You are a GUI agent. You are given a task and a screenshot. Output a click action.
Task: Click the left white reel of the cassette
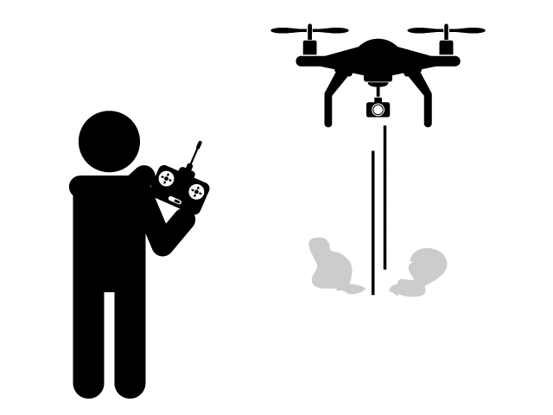[166, 178]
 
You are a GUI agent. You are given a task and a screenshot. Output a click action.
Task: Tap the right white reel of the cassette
[196, 191]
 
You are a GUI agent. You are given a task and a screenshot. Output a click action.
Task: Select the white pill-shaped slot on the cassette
[175, 201]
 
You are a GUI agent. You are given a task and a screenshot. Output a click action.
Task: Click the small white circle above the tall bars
[378, 110]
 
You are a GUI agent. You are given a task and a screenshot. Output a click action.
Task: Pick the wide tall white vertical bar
[389, 197]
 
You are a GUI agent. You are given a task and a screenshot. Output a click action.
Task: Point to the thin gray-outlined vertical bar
[372, 222]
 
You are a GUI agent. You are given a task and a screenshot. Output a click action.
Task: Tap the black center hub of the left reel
[166, 178]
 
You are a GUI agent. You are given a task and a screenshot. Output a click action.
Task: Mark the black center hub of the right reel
[196, 191]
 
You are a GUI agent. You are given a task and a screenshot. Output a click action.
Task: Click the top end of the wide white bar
[389, 127]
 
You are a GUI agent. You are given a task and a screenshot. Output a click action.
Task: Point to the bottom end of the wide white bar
[389, 267]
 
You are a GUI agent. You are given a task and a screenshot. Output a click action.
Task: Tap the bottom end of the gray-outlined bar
[372, 294]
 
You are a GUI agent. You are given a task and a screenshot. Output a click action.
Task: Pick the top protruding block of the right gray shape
[424, 246]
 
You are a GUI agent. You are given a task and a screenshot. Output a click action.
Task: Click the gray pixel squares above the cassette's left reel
[165, 162]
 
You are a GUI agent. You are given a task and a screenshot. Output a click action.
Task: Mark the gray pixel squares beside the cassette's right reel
[210, 186]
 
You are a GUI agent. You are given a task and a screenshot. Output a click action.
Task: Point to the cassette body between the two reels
[181, 184]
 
